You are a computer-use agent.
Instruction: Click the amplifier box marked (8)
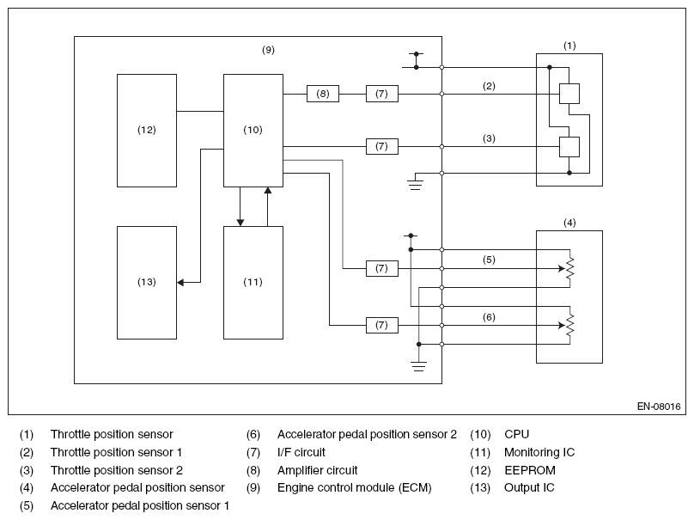coord(323,94)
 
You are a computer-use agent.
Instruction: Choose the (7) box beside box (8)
coord(382,94)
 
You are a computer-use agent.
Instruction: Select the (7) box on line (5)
coord(382,268)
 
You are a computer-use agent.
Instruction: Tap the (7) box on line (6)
coord(382,325)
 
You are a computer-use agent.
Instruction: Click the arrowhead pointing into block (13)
coord(180,282)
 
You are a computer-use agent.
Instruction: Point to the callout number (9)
coord(268,50)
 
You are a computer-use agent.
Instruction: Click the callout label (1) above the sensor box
coord(569,46)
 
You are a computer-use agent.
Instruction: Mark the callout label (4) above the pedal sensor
coord(569,223)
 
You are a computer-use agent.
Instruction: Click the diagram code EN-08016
coord(659,407)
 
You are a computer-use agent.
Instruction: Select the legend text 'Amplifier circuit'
coord(317,470)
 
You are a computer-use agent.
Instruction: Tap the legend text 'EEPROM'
coord(530,470)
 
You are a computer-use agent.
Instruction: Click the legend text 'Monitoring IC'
coord(539,452)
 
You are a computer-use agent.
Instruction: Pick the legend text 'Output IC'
coord(529,487)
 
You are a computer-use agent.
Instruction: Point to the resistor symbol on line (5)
coord(570,268)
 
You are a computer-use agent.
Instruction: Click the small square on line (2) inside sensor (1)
coord(569,94)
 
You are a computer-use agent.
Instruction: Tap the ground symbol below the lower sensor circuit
coord(418,366)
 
